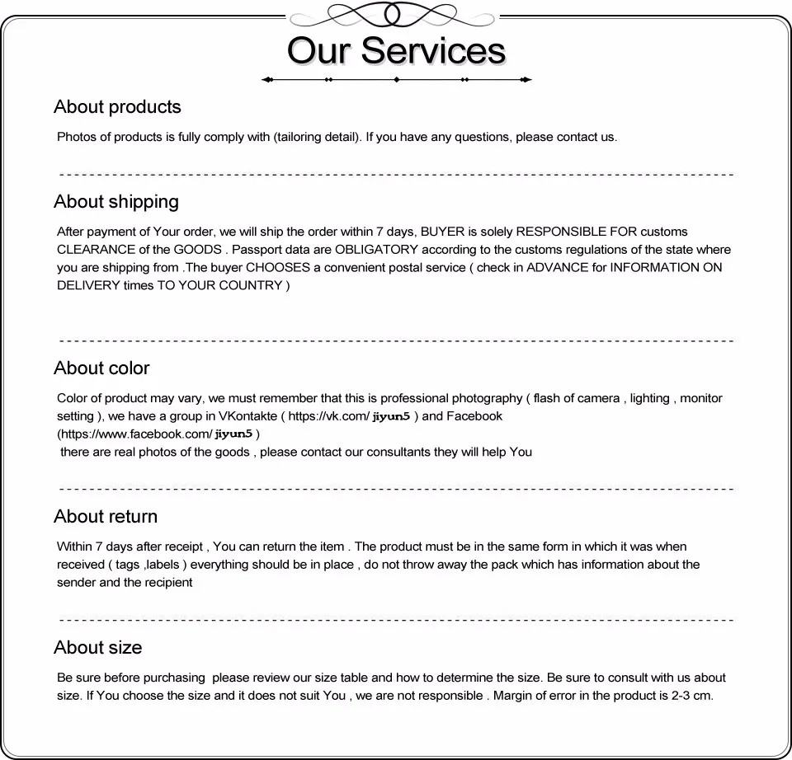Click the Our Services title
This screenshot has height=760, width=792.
(x=396, y=50)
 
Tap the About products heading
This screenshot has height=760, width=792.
(x=117, y=107)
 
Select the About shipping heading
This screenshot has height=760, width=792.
(x=116, y=202)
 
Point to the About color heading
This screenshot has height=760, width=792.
(x=101, y=368)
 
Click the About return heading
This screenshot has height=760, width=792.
(x=106, y=517)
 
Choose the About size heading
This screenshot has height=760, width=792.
(x=97, y=648)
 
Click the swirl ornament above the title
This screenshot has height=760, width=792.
(x=397, y=14)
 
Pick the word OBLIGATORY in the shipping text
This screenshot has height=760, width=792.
(x=373, y=250)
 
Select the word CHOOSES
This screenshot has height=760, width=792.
(x=278, y=268)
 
